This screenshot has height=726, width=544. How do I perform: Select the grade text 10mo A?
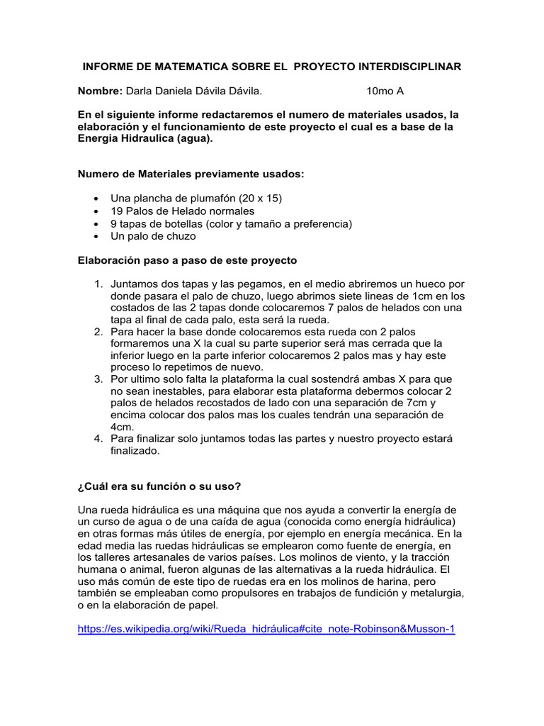click(x=385, y=91)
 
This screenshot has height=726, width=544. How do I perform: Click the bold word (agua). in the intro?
click(x=188, y=139)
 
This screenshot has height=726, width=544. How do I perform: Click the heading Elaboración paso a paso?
click(x=187, y=260)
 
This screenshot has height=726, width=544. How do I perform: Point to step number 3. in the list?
click(x=99, y=379)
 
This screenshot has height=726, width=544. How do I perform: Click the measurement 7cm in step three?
click(x=438, y=403)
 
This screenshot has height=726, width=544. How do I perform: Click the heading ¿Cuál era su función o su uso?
click(x=159, y=486)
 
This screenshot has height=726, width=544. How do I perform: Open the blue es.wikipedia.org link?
click(x=266, y=629)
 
